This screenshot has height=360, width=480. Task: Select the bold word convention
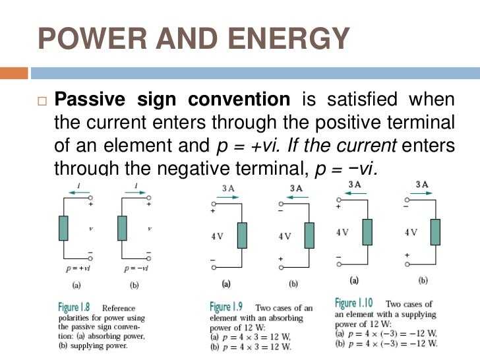click(239, 100)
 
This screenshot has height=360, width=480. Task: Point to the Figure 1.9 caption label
click(230, 307)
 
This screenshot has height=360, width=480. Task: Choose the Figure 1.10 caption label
click(353, 303)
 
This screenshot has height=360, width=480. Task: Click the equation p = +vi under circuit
click(78, 268)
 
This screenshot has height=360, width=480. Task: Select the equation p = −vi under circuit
click(136, 268)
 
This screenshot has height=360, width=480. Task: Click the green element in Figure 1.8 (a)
click(63, 227)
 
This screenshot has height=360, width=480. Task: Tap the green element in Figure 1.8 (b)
click(122, 227)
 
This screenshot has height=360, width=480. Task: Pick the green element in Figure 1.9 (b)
click(309, 235)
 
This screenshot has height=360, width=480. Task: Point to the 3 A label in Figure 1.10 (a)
click(354, 184)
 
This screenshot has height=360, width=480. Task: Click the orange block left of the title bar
click(14, 72)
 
